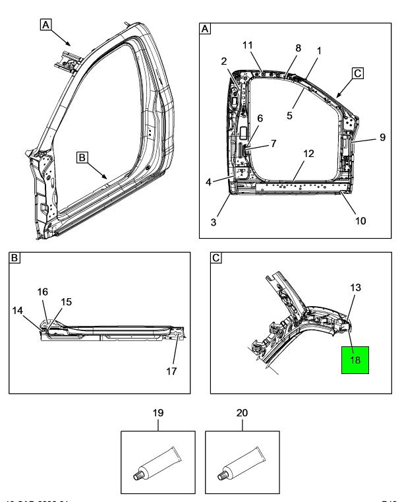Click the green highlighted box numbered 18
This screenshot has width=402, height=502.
click(355, 361)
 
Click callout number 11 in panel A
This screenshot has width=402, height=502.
click(248, 45)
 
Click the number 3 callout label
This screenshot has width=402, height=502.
click(214, 222)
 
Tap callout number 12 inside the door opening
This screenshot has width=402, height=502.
click(308, 154)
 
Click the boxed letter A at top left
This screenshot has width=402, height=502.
click(45, 25)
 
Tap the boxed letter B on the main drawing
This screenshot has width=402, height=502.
click(82, 158)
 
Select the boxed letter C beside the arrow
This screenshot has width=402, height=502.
click(357, 74)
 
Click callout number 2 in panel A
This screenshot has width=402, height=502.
click(225, 61)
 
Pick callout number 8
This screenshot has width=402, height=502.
click(297, 48)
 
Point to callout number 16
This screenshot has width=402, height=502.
click(43, 291)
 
